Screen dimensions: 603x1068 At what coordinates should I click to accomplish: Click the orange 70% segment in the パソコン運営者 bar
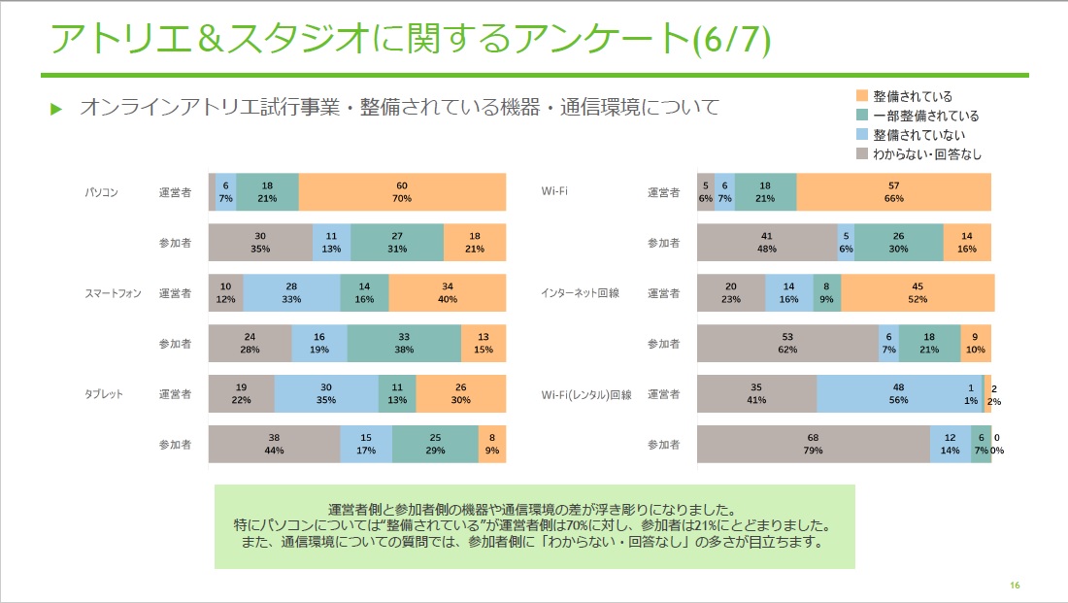coord(402,192)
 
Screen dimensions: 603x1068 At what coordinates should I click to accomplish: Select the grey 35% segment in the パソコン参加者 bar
coord(260,243)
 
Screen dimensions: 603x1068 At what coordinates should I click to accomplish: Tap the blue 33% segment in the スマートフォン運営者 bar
coord(291,293)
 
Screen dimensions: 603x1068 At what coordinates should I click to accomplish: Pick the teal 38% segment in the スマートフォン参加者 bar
coord(404,344)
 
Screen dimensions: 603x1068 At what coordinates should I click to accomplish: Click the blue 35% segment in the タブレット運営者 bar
coord(325,394)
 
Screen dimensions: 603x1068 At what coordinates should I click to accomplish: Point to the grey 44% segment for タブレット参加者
coord(274,445)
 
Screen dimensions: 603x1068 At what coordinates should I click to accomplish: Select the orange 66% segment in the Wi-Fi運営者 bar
coord(893,192)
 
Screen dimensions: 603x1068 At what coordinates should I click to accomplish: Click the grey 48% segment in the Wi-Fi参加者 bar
coord(767,243)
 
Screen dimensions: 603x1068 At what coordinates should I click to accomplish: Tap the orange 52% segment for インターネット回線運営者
coord(918,293)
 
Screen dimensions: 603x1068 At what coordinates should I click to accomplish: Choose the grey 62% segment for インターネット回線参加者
coord(787,344)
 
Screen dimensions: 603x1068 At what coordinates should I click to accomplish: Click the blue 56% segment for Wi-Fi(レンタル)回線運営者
coord(899,394)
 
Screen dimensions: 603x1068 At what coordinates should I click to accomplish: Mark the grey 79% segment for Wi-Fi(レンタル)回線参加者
coord(813,445)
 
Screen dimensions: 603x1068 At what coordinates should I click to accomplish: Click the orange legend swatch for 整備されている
coord(861,96)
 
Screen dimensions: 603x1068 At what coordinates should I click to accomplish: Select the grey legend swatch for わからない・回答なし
coord(861,153)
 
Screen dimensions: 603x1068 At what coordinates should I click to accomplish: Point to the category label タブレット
coord(103,394)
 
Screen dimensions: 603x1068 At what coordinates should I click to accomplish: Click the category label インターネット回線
coord(580,293)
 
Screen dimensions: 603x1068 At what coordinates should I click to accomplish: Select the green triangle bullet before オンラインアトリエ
coord(56,109)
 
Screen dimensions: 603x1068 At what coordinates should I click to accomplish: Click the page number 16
coord(1015,586)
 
